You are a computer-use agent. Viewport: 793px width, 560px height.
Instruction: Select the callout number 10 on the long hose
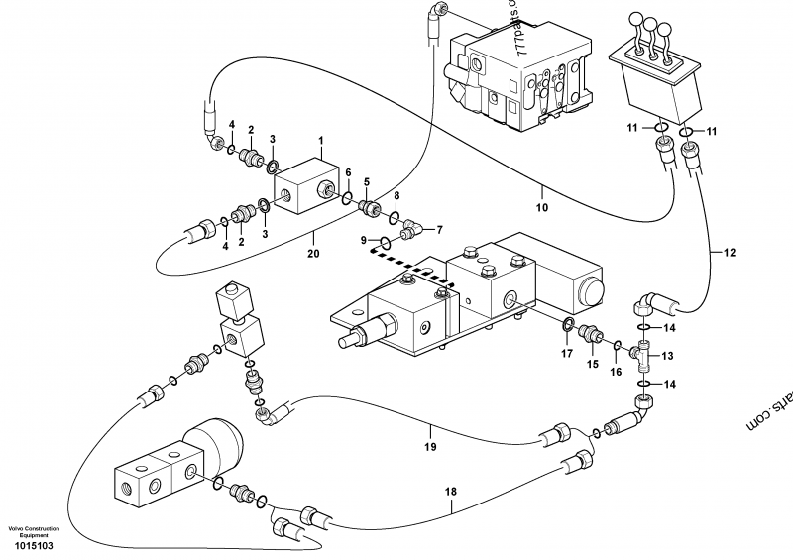coord(541,209)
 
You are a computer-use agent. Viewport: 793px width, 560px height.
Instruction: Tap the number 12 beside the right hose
coord(730,253)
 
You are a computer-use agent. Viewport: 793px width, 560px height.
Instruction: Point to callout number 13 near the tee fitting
coord(667,355)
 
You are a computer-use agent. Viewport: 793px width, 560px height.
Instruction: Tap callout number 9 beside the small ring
coord(363,240)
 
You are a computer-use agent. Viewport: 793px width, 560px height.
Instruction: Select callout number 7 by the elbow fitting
coord(427,230)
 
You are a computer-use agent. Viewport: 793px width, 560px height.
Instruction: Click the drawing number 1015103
coord(31,545)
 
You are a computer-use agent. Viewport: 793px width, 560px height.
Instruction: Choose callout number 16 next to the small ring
coord(615,372)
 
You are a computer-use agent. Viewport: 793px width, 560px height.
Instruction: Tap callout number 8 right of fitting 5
coord(396,196)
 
